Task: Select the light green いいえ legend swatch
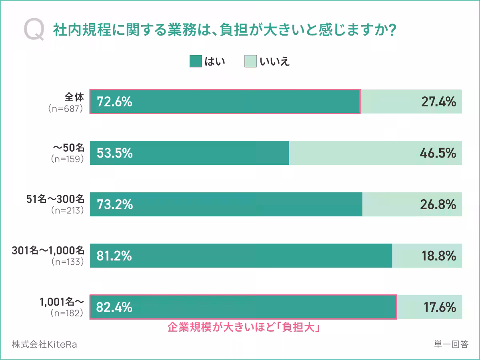pos(250,61)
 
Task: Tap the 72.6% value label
pos(114,102)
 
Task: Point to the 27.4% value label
pos(438,102)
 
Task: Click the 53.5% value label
pos(114,153)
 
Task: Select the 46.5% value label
pos(438,153)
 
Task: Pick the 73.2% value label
pos(114,204)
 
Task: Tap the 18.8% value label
pos(438,256)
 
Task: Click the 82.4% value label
pos(114,307)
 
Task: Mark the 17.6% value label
pos(439,307)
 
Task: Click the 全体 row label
pos(74,97)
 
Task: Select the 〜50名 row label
pos(68,148)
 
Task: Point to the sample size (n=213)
pos(67,210)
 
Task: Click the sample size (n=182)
pos(67,313)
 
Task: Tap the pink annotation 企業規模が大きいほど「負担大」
pos(243,328)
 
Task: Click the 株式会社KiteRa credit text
pos(44,344)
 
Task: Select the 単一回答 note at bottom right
pos(450,344)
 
